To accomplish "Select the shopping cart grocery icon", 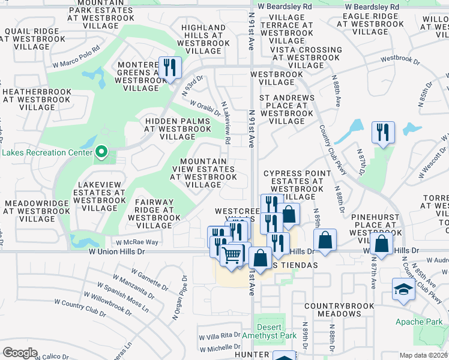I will point(231,254).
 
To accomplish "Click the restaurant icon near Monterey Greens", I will point(169,67).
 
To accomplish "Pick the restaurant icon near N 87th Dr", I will point(382,132).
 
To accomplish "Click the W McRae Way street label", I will point(137,242).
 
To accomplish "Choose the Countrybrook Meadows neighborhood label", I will point(340,310).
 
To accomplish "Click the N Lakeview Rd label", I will point(226,122).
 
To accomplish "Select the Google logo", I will point(20,353).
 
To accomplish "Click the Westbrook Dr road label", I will point(399,59).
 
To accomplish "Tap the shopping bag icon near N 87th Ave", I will point(382,244).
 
